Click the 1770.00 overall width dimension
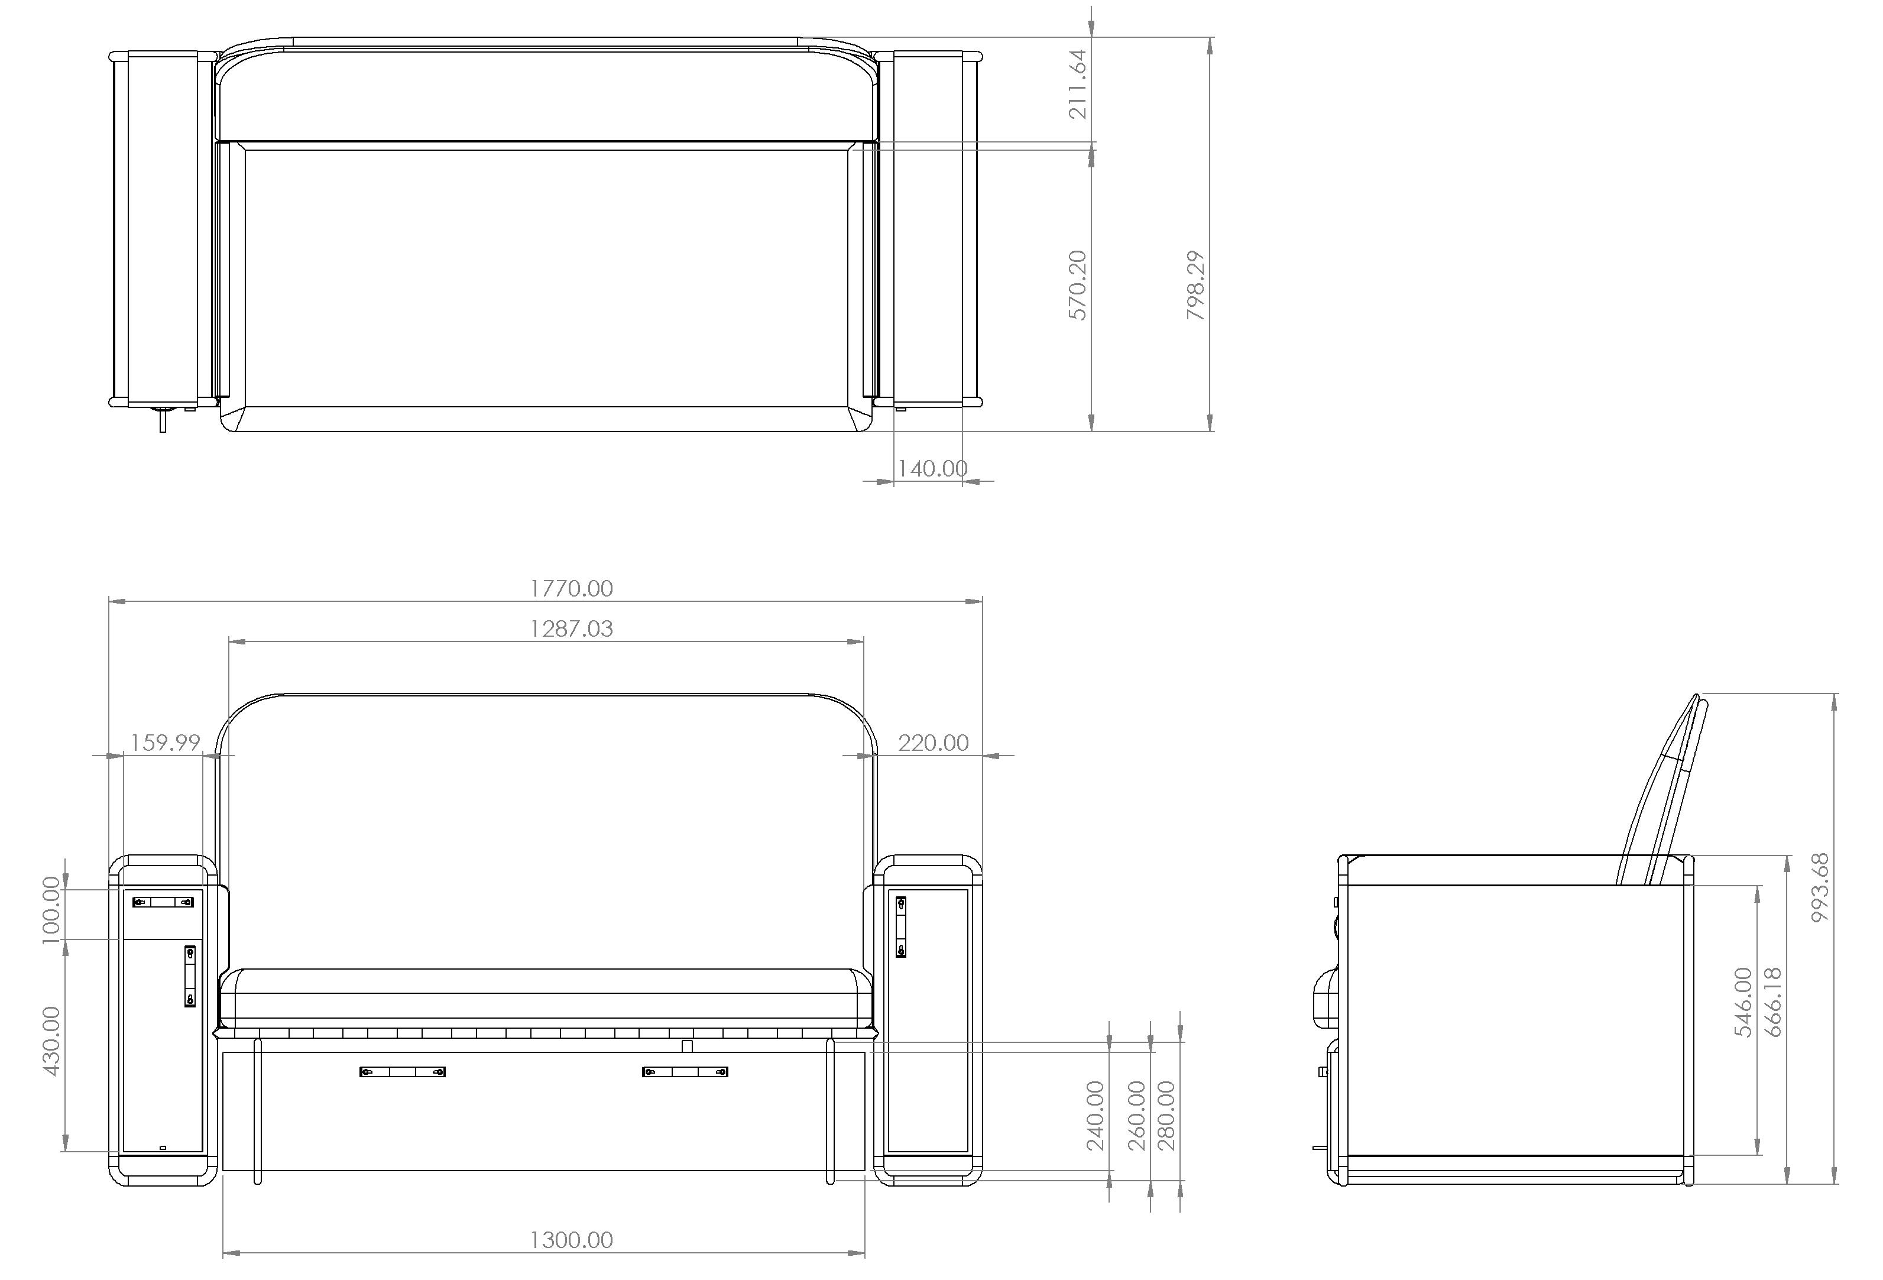click(571, 588)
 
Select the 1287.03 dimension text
click(571, 628)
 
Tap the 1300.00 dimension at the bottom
click(571, 1239)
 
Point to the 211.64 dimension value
click(1078, 85)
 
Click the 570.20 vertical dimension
click(1078, 285)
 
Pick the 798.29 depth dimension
click(1196, 285)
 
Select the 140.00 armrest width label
click(932, 468)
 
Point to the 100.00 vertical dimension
click(51, 910)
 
